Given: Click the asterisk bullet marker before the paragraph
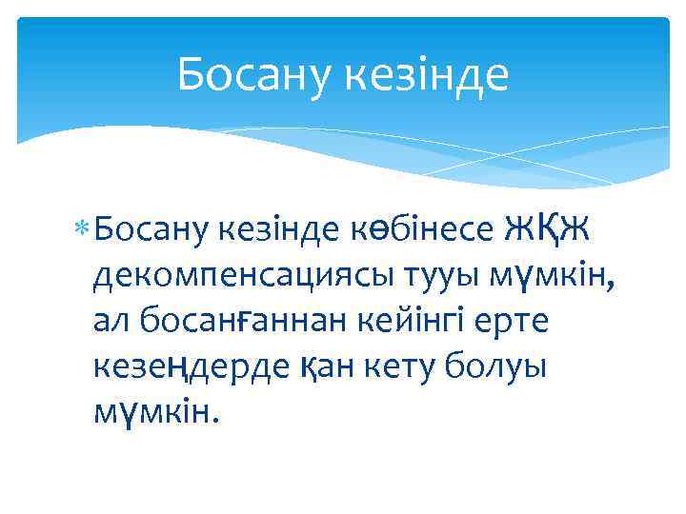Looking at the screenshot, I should pos(84,229).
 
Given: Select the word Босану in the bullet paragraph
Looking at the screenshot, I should pos(151,229).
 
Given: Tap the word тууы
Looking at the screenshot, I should pos(446,277).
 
